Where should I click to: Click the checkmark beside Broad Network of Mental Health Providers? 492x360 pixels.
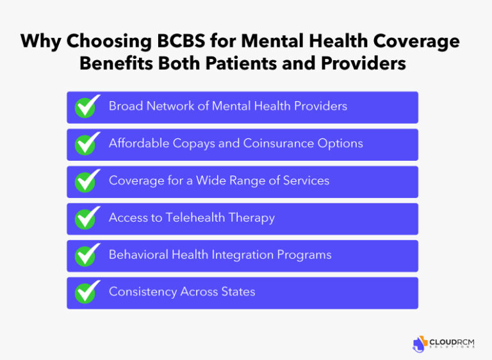coord(87,107)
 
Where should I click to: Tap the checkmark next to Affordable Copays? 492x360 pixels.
coord(87,144)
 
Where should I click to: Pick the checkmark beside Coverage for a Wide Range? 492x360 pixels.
coord(87,181)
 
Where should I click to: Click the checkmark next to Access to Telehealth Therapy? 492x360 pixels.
coord(87,218)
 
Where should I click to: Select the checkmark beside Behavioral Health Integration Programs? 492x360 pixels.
coord(87,256)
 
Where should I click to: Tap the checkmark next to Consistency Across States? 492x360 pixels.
coord(87,293)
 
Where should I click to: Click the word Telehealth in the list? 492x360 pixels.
coord(196,218)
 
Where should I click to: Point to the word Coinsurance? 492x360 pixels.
coord(279,143)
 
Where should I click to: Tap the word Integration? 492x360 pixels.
coord(242,255)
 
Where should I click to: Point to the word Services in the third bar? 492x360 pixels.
coord(304,181)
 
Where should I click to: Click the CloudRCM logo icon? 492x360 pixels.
coord(420,343)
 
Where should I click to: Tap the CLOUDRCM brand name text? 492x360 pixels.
coord(452,341)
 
